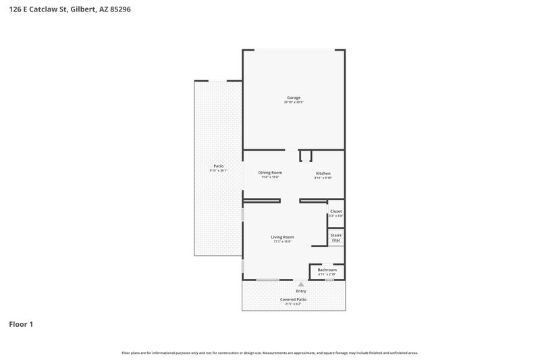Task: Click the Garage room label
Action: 294,97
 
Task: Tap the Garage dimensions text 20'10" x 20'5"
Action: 294,103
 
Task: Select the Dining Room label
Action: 270,172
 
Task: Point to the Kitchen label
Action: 323,174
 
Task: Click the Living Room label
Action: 282,236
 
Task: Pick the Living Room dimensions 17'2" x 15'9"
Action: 282,242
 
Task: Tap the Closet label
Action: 335,211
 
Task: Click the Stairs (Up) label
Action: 335,238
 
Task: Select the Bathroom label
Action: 327,269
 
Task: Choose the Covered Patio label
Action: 293,299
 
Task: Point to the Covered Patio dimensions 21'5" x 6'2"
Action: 293,304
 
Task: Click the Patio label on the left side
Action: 218,165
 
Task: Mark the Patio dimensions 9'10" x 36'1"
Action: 218,171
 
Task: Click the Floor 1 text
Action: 20,324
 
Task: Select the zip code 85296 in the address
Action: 118,9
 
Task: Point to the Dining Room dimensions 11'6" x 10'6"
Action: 270,178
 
